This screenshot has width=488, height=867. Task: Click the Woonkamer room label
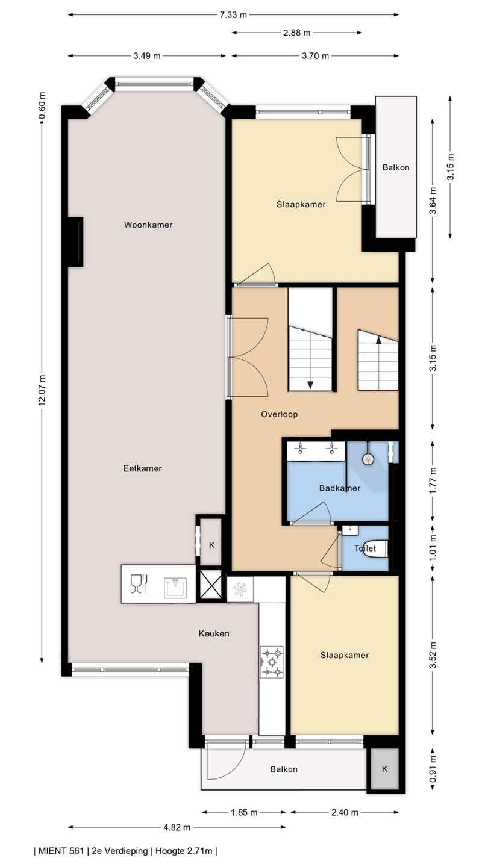[x=148, y=225]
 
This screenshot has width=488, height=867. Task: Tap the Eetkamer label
[x=143, y=468]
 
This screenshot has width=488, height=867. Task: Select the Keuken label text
[x=214, y=633]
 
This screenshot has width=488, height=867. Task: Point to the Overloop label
[x=280, y=414]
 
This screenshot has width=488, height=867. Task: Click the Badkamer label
[x=340, y=488]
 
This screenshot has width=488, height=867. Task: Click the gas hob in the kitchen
[x=272, y=662]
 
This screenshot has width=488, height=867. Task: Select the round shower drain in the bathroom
[x=368, y=459]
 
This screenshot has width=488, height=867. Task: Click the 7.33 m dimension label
[x=233, y=15]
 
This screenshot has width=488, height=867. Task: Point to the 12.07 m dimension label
[x=42, y=390]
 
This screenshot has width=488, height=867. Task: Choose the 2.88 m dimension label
[x=296, y=33]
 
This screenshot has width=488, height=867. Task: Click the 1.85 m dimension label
[x=245, y=812]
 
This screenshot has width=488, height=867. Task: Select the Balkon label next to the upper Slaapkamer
[x=396, y=167]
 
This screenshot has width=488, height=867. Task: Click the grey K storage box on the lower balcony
[x=384, y=769]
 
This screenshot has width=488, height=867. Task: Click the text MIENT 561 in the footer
[x=61, y=850]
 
